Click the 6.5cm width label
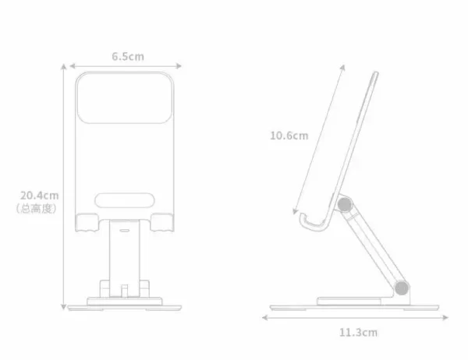tap(128, 56)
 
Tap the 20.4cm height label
tap(40, 196)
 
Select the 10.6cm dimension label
tap(289, 136)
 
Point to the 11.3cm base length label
tap(358, 332)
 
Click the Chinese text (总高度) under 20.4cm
tap(37, 208)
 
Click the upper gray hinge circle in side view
tap(345, 205)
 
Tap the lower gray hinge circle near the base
tap(402, 288)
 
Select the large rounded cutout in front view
tap(124, 98)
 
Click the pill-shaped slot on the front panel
tap(125, 200)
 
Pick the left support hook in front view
tap(87, 223)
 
